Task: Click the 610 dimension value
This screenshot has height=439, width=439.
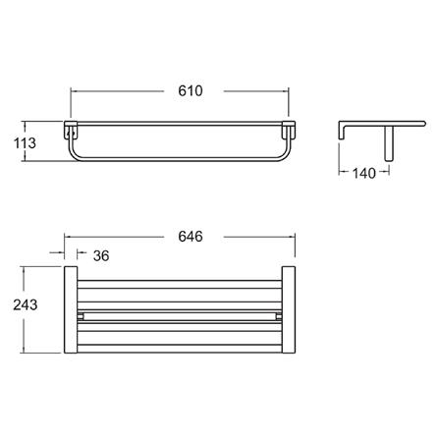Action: coord(191,90)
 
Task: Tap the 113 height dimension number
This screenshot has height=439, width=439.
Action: coord(25,143)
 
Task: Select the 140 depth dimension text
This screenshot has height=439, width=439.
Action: coord(364,173)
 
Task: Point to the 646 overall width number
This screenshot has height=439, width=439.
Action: coord(191,237)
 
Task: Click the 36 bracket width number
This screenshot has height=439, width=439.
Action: coord(101,255)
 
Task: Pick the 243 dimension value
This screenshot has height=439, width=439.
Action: coord(26,304)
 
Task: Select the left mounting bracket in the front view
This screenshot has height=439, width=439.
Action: coord(71,131)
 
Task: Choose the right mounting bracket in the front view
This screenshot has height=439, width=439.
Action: coord(289,131)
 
